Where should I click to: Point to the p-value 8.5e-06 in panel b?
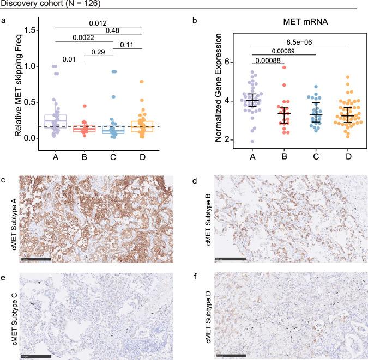[x=300, y=41]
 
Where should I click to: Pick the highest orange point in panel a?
[x=141, y=82]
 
